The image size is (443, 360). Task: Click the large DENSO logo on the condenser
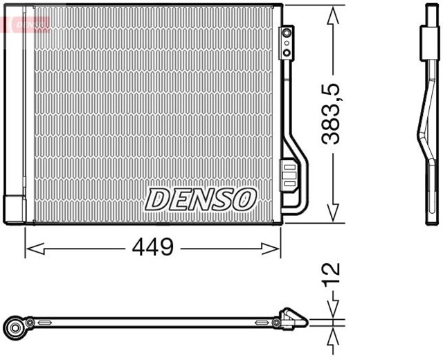point(201,199)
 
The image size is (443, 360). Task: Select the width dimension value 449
point(154,247)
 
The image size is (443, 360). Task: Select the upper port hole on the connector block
point(287,35)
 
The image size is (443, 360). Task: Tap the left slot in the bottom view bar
point(44,323)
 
